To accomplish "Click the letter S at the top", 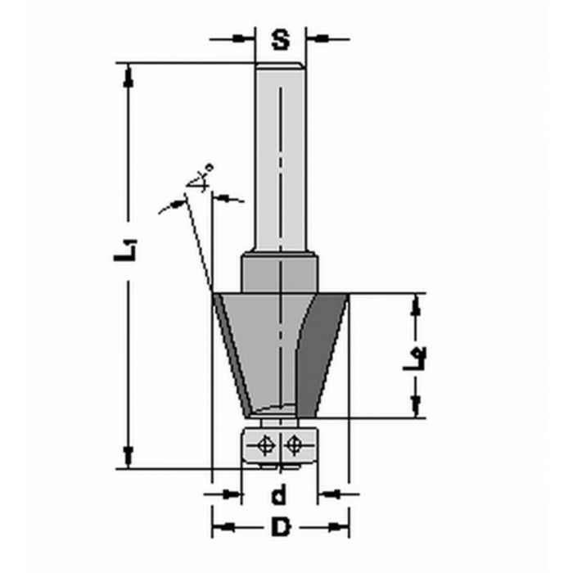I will [281, 39].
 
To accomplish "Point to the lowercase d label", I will [280, 494].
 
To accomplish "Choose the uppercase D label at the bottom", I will [281, 528].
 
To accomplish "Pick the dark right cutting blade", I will [324, 352].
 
